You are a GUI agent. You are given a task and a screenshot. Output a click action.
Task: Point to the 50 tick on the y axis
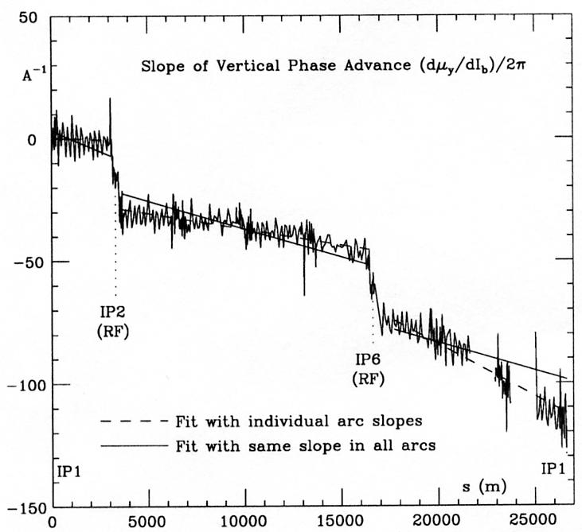tap(28, 17)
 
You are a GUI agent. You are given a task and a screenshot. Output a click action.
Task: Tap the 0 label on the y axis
tap(33, 140)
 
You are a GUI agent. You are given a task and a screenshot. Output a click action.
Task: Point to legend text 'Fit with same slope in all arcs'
tap(303, 445)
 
